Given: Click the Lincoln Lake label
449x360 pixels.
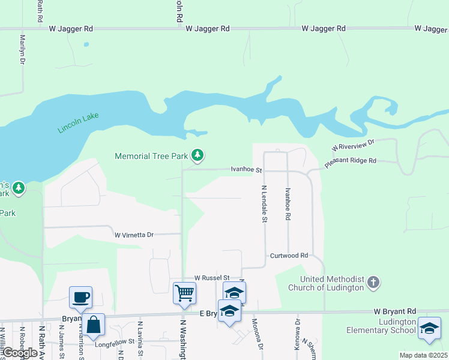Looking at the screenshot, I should (x=78, y=122).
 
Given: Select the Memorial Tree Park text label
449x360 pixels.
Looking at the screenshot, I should (x=152, y=157).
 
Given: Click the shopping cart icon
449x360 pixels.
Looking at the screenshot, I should (x=184, y=293).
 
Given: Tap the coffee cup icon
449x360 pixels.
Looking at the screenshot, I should (x=80, y=296).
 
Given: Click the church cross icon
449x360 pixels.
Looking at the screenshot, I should (x=373, y=282).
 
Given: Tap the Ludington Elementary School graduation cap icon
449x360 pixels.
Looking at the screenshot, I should (x=429, y=328).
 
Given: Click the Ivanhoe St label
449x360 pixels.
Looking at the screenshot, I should (x=247, y=170).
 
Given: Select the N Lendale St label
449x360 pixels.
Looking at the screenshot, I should (x=264, y=203).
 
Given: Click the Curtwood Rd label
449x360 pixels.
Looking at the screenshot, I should (x=288, y=256).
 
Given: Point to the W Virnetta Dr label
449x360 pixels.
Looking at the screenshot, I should (x=134, y=235).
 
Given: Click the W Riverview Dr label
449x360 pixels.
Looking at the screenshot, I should (x=353, y=145).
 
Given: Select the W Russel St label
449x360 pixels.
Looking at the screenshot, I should (x=212, y=278).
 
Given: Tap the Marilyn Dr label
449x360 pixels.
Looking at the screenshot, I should (x=22, y=49).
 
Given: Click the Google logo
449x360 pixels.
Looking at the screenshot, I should (x=20, y=353).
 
